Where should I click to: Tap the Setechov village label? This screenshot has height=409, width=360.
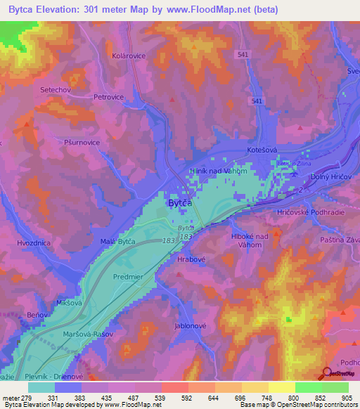(57, 90)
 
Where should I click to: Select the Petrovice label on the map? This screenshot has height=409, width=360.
(109, 98)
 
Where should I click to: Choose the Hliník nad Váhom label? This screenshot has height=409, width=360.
(217, 170)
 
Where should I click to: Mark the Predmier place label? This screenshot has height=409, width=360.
(128, 277)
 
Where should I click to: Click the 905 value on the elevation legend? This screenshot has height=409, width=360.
(344, 398)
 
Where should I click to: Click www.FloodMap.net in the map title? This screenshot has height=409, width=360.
(217, 10)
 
